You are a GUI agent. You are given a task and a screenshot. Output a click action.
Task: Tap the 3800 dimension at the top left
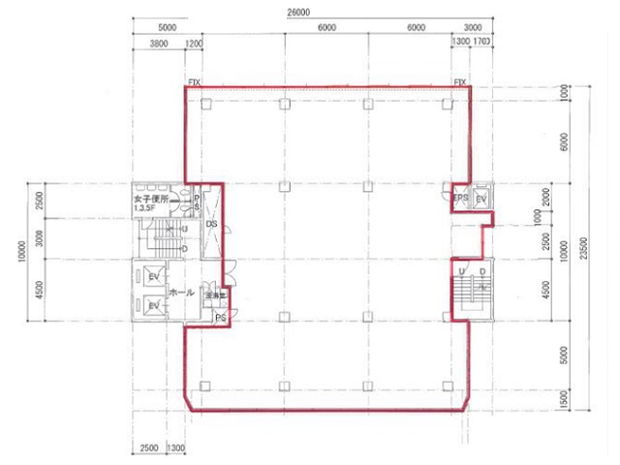pyautogui.click(x=160, y=44)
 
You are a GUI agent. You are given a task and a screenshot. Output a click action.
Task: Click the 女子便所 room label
pyautogui.click(x=152, y=199)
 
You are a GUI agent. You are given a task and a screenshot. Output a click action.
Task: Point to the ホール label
pyautogui.click(x=181, y=292)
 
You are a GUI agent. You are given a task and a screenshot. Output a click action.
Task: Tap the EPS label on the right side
pyautogui.click(x=461, y=199)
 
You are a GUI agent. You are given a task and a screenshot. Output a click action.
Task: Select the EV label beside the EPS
pyautogui.click(x=481, y=199)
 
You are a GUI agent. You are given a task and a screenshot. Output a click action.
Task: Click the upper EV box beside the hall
pyautogui.click(x=153, y=277)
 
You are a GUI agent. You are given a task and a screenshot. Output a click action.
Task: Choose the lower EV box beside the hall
pyautogui.click(x=153, y=306)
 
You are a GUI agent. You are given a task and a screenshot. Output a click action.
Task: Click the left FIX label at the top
pyautogui.click(x=193, y=82)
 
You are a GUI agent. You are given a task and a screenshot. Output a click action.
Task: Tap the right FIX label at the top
pyautogui.click(x=460, y=82)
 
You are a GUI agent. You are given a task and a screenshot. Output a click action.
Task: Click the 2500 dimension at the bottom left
pyautogui.click(x=149, y=448)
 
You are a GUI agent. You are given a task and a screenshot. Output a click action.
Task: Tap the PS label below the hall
pyautogui.click(x=220, y=318)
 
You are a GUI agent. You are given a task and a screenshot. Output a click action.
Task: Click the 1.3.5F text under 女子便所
pyautogui.click(x=148, y=208)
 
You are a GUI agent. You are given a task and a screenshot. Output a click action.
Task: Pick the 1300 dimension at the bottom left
pyautogui.click(x=176, y=448)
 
